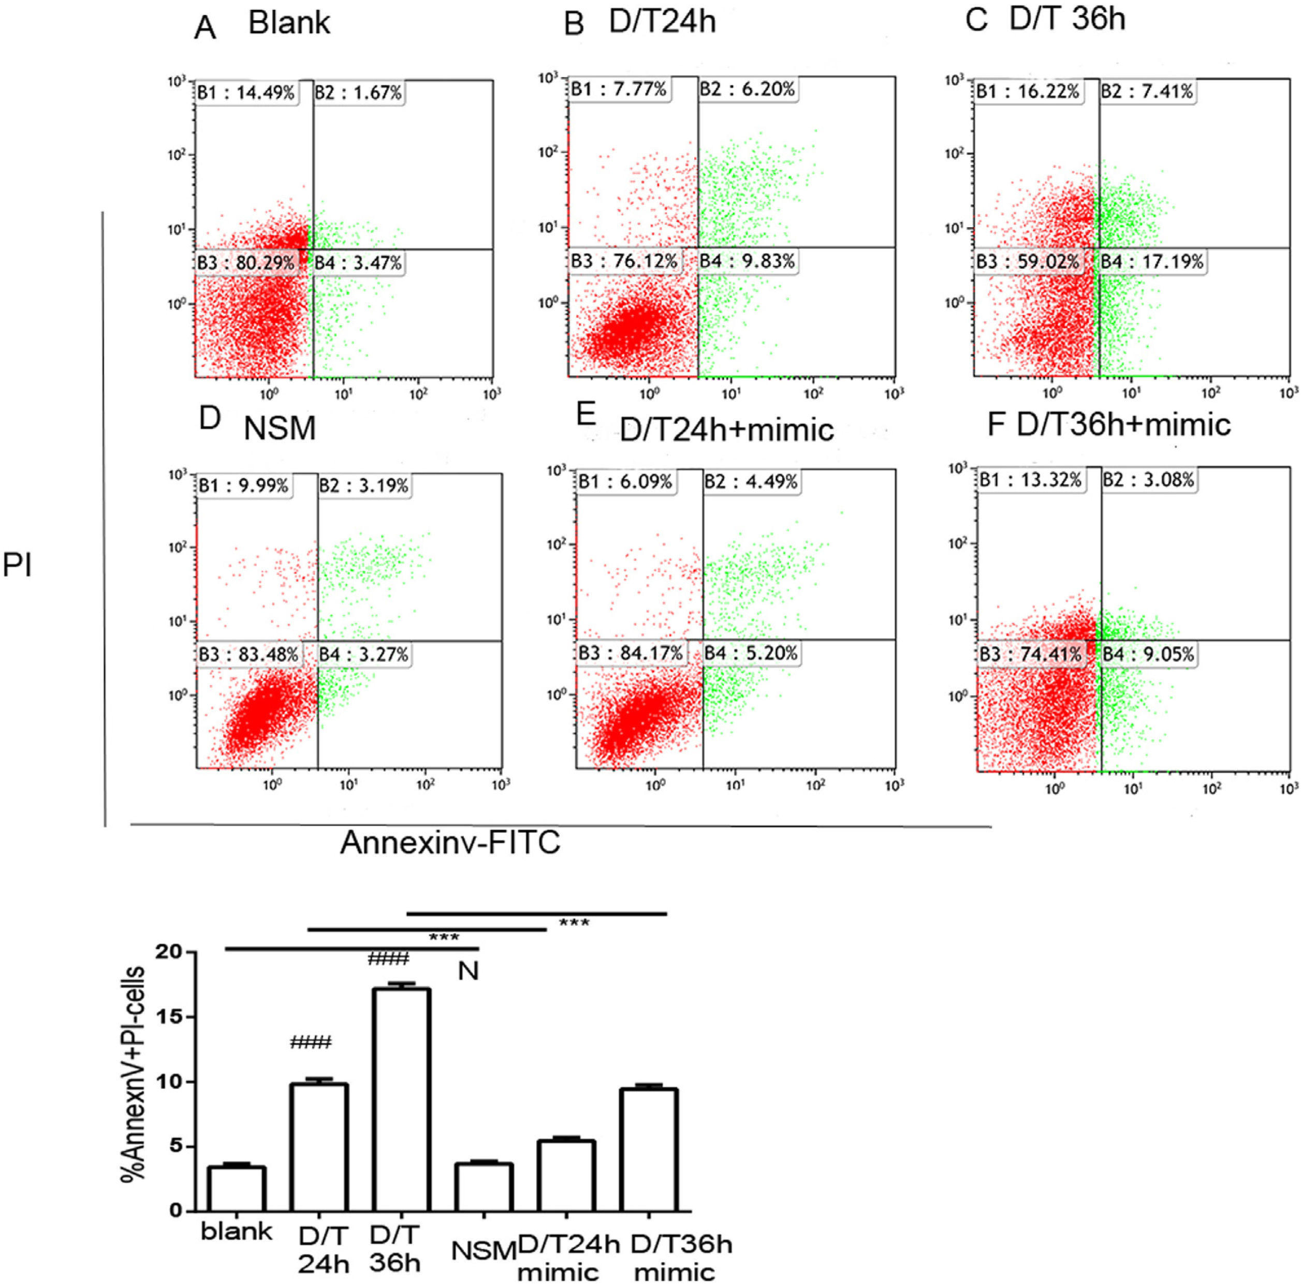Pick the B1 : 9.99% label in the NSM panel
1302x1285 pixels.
click(243, 485)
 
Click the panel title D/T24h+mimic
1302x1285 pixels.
click(726, 429)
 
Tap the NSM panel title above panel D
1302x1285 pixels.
click(280, 429)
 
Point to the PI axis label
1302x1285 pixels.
click(18, 565)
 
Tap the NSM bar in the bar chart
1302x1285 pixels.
click(483, 1187)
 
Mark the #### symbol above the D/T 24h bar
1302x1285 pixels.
click(311, 1044)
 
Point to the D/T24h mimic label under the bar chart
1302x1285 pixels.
click(567, 1258)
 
